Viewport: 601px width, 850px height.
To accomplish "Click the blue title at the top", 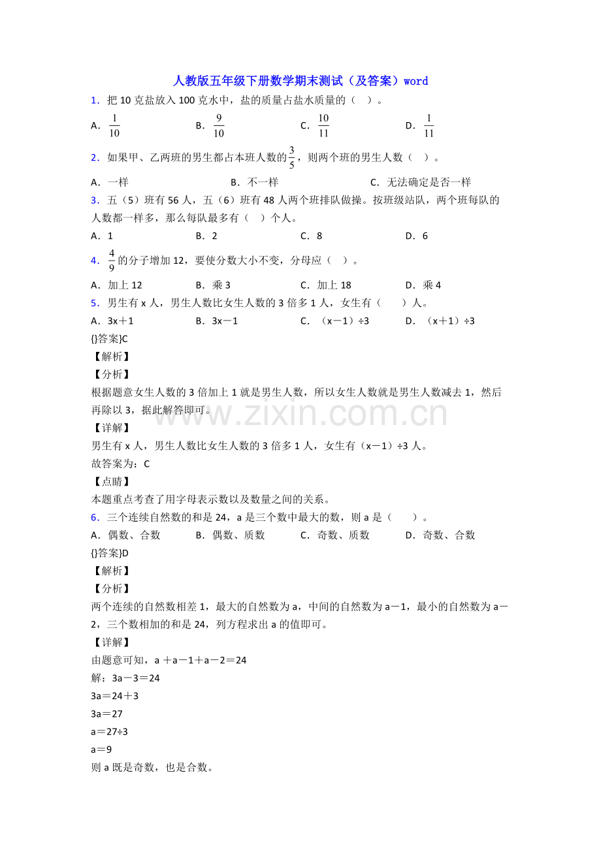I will (x=300, y=81).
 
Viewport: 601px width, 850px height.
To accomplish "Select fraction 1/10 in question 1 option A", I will (x=114, y=126).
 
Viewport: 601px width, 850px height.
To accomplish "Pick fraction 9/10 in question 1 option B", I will (x=219, y=126).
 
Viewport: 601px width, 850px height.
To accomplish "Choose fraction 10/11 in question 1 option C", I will (x=323, y=126).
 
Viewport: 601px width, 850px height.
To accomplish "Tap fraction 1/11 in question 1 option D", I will (x=429, y=126).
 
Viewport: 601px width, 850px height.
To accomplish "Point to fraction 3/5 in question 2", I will (x=292, y=157).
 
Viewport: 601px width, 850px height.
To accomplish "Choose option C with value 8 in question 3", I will (x=312, y=236).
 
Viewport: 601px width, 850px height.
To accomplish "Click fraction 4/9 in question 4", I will (x=112, y=260).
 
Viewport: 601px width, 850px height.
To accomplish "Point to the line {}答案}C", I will (x=110, y=338).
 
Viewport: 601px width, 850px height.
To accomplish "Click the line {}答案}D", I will (x=110, y=553).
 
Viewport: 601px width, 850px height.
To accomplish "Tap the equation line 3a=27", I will (x=107, y=714).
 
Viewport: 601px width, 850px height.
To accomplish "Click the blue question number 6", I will (x=95, y=517).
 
